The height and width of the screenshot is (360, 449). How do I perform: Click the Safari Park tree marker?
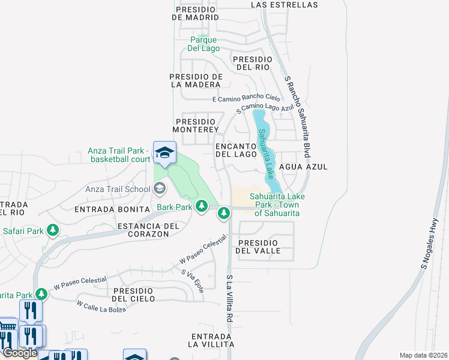(x=53, y=230)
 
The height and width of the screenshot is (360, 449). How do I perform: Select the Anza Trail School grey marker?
(x=159, y=189)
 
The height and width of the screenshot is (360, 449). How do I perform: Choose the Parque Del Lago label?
(x=203, y=44)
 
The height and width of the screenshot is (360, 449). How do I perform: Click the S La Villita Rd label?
(x=229, y=299)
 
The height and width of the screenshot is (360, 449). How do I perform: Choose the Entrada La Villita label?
(x=211, y=340)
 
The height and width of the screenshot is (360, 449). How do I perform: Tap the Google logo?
(x=20, y=353)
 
